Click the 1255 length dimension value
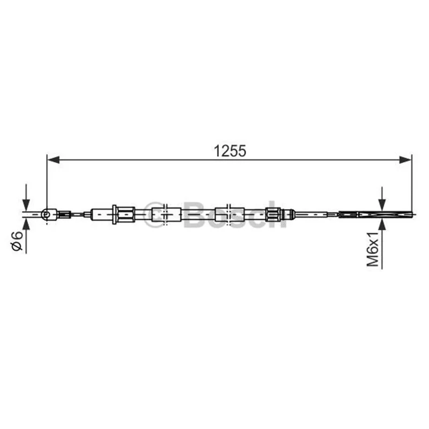pos(230,151)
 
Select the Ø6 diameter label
pos(17,241)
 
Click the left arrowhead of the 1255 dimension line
pos(53,160)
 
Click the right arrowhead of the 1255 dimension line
pos(405,160)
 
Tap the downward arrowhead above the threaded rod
pos(382,205)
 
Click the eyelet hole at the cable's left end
pos(47,214)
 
